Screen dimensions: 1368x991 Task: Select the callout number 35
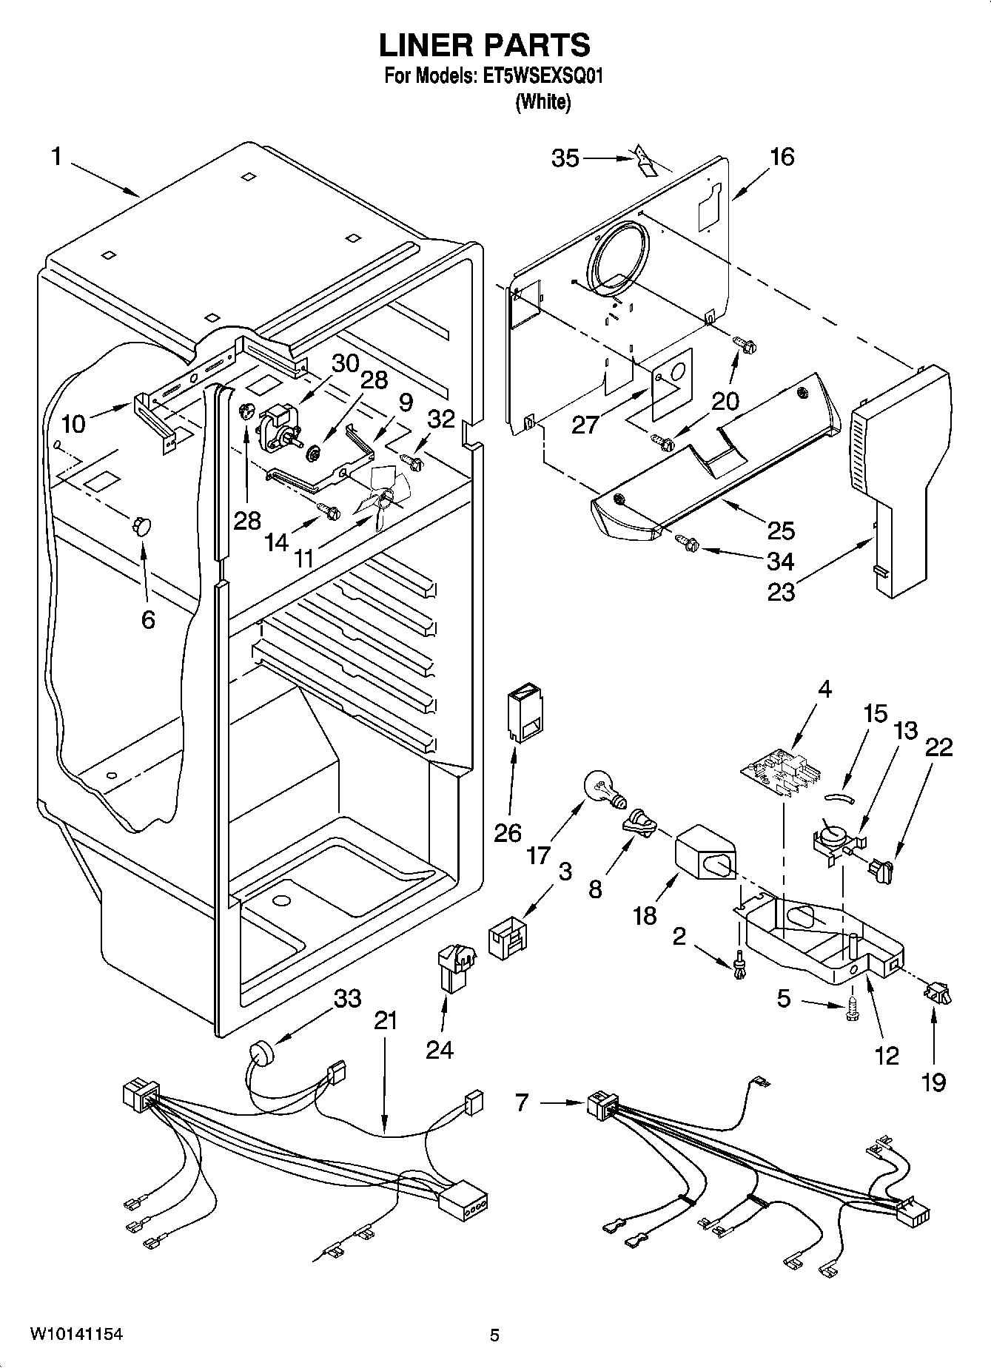click(565, 158)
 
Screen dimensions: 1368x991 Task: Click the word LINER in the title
click(427, 45)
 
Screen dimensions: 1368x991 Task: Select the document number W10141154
click(76, 1335)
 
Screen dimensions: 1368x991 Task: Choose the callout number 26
click(508, 832)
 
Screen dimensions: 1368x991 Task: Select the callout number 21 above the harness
click(386, 1020)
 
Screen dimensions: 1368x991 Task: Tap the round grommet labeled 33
click(261, 1052)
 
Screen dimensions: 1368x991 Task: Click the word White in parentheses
click(543, 102)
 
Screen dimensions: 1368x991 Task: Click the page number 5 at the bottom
click(494, 1335)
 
